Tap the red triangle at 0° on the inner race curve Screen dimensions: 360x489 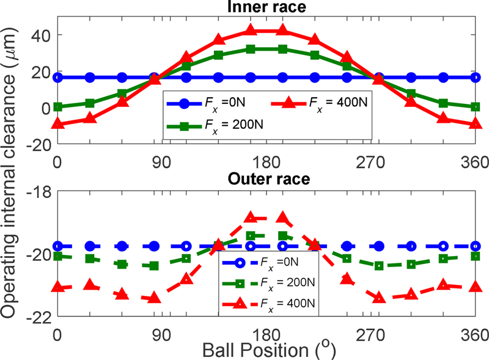[x=57, y=124]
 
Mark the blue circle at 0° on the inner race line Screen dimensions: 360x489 [x=57, y=78]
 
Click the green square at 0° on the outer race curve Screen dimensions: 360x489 [x=57, y=256]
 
